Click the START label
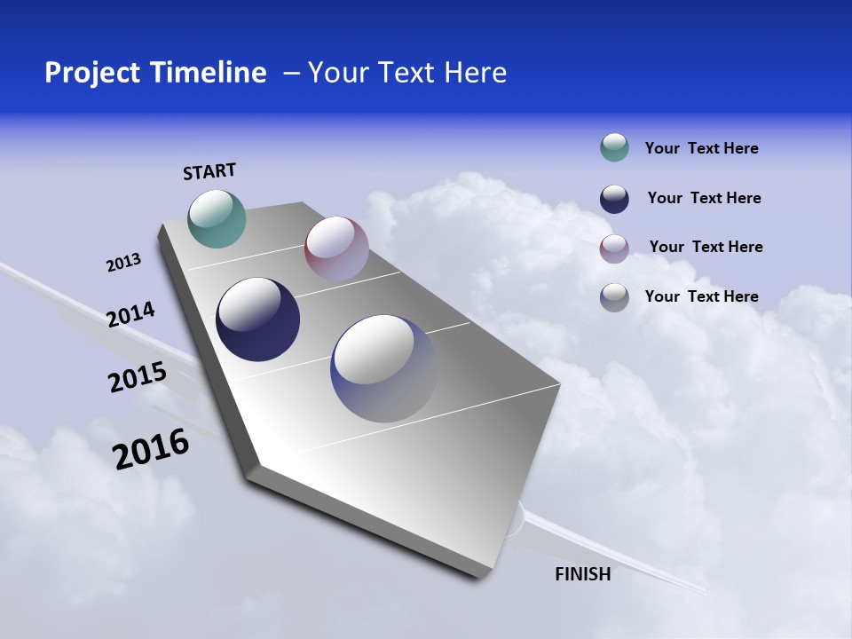pos(209,171)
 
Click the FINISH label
pos(582,574)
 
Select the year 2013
pos(123,263)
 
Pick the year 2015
pos(138,377)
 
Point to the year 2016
pos(151,449)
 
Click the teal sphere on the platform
pos(217,218)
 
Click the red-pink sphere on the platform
pos(336,248)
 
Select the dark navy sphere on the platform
pos(257,319)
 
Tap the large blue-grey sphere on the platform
pos(383,367)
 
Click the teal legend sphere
pos(614,148)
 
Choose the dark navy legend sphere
pos(614,199)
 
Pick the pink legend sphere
pos(614,248)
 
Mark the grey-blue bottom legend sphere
pos(614,297)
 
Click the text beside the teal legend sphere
pos(701,149)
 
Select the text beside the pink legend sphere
pos(706,247)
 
